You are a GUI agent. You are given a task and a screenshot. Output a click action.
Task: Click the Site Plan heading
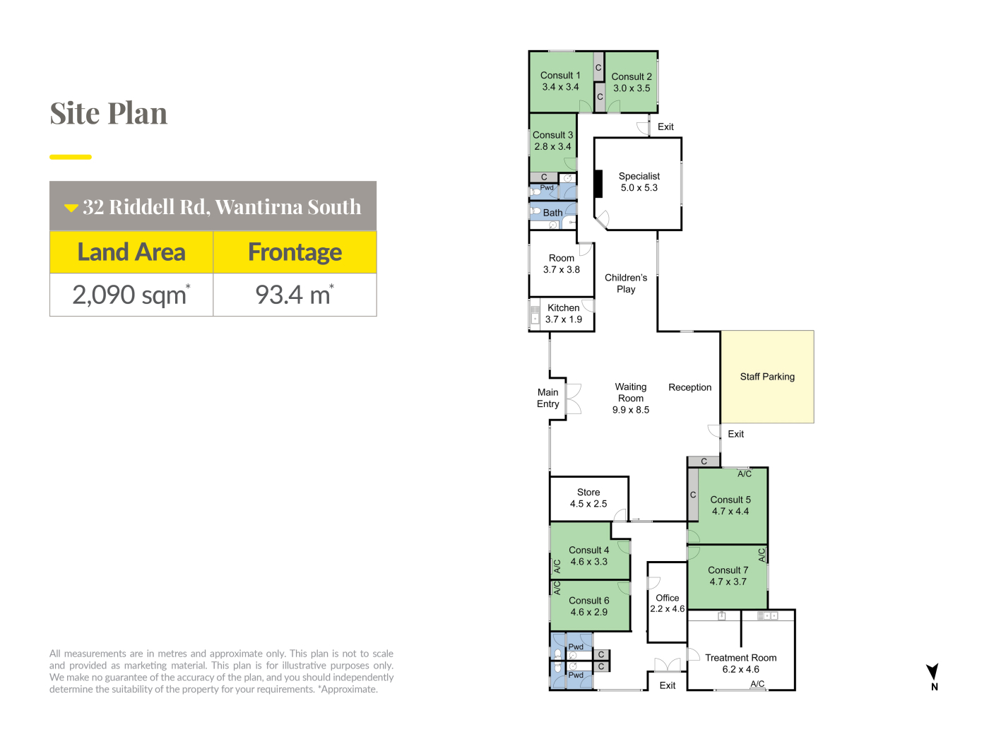coord(108,113)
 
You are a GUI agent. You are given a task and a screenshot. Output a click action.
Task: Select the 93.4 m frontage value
coord(295,295)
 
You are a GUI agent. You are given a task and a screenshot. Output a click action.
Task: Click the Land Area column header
coord(131,252)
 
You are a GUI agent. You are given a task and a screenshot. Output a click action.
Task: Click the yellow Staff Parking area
coord(767,377)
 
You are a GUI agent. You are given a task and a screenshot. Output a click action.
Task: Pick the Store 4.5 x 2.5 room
coord(588,498)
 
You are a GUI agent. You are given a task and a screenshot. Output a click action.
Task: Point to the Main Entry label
coord(548,398)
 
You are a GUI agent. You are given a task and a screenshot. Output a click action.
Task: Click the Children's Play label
coord(626,283)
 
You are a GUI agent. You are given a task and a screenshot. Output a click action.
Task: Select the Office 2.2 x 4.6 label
coord(668,603)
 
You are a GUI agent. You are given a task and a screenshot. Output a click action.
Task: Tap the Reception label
coord(689,387)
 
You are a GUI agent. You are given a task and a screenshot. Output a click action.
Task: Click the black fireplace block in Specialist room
coord(598,183)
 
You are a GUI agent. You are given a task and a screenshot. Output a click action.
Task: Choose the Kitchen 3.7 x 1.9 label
coord(563,314)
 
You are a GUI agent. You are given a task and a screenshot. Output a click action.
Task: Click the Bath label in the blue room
coord(552,213)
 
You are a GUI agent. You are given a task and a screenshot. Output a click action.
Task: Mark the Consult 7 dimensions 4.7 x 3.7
coord(728,582)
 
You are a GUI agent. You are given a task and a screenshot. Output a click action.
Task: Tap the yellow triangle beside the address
coord(71,208)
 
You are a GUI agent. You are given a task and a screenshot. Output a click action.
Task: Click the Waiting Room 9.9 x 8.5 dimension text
coord(630,410)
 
